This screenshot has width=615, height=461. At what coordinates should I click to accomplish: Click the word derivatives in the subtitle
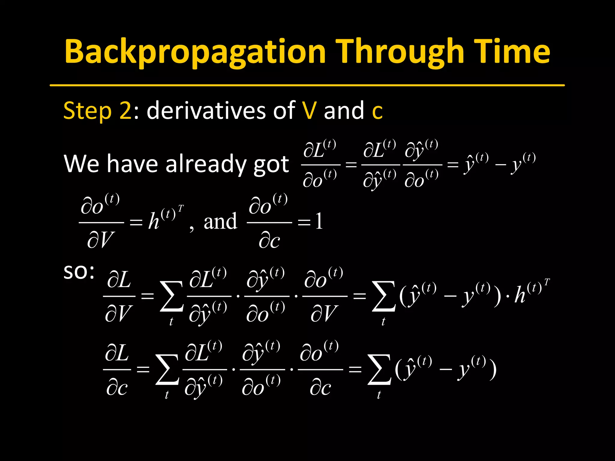point(207,110)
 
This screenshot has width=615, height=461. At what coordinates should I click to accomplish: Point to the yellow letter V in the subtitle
point(309,110)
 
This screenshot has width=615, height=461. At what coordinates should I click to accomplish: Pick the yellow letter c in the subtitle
point(377,112)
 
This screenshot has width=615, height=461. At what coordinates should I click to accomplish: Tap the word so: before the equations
point(79,272)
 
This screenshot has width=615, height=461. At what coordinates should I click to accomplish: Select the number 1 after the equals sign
point(319,221)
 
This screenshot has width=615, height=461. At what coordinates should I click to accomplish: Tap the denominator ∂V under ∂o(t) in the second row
point(101,240)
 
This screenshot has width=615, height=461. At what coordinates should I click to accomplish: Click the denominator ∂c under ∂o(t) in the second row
point(269,240)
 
